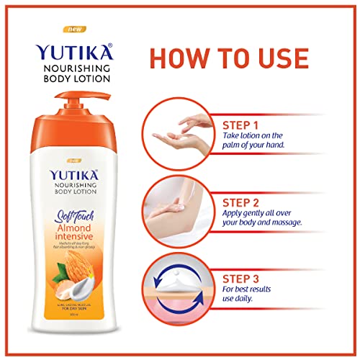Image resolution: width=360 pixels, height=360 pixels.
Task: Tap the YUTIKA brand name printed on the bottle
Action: coord(73,176)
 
